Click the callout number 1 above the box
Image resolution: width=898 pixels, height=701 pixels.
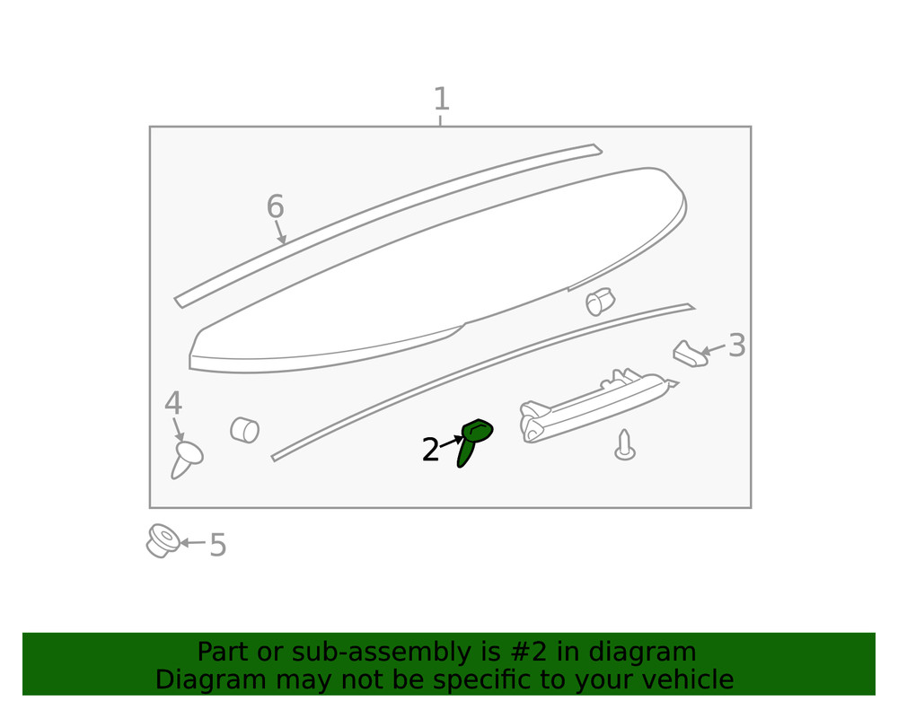[x=441, y=100]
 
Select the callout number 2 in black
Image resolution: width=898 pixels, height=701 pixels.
[x=430, y=451]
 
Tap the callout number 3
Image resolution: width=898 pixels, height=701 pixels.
[x=736, y=346]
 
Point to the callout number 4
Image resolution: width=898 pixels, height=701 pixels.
[x=173, y=404]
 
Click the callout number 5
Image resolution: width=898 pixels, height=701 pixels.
[x=217, y=545]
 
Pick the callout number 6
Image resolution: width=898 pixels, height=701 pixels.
[x=275, y=207]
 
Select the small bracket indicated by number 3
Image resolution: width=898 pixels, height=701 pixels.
[x=689, y=354]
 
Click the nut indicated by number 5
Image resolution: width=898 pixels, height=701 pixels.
[x=162, y=540]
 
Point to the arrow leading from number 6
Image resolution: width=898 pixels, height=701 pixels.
[x=280, y=232]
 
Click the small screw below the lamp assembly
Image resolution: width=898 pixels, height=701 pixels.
[x=624, y=445]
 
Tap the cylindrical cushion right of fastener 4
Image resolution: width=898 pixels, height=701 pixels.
[x=244, y=430]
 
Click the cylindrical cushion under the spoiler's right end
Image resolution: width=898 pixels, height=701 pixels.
[x=599, y=302]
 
